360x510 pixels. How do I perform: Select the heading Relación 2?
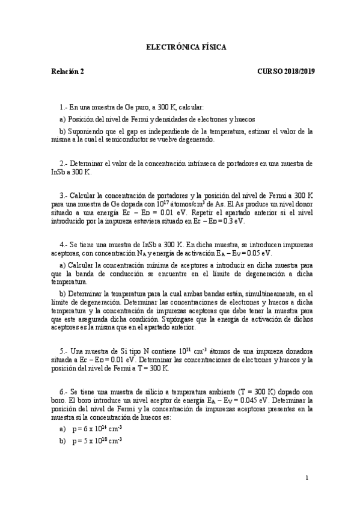(x=67, y=71)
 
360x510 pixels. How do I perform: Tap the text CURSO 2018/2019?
(x=286, y=71)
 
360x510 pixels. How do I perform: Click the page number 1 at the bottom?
(x=307, y=479)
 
